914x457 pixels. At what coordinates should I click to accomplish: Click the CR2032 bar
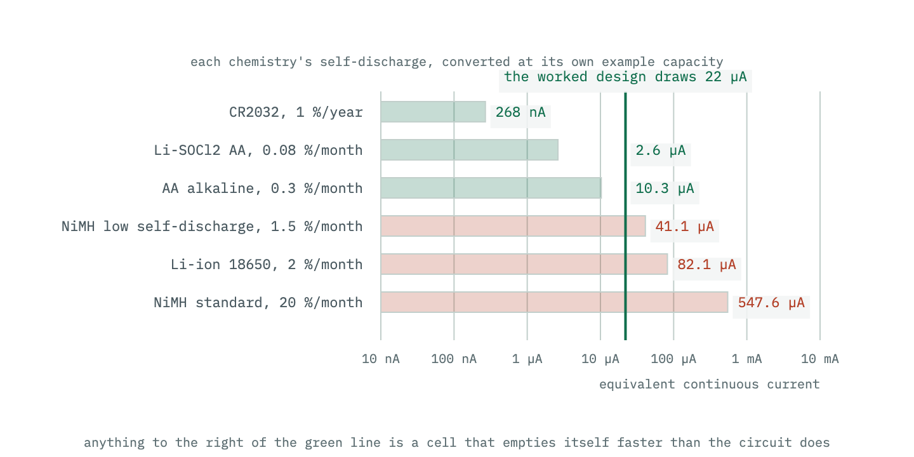434,112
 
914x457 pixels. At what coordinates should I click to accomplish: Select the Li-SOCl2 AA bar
469,150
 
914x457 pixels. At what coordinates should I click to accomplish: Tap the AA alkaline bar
491,188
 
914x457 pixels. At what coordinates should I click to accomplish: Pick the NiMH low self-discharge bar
513,226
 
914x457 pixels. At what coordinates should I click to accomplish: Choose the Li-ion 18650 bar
524,264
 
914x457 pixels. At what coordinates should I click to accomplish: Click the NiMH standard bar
554,302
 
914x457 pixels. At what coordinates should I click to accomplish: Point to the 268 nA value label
520,112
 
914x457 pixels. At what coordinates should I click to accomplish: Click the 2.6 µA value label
661,150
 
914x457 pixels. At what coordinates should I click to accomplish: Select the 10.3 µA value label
665,189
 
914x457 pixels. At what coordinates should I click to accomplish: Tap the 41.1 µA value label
684,227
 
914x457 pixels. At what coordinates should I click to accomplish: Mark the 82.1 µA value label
706,265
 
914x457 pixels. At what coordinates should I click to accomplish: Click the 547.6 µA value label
771,303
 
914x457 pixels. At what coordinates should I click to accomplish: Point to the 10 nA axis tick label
381,359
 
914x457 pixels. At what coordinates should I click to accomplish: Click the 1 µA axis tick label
527,359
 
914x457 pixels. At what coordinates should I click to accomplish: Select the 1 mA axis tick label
746,359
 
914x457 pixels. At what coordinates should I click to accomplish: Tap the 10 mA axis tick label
820,359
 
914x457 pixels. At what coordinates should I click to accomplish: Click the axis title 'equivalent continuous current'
709,385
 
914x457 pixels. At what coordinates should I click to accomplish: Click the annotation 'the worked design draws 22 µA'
625,77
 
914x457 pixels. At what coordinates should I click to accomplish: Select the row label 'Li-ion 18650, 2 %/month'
267,265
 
